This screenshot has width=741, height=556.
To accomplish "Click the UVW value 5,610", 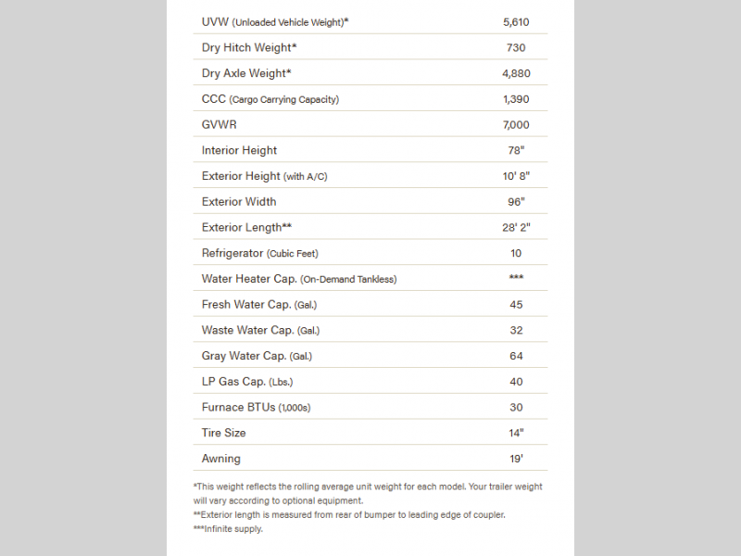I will pyautogui.click(x=516, y=21).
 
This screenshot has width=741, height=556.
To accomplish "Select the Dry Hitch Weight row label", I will pyautogui.click(x=249, y=47).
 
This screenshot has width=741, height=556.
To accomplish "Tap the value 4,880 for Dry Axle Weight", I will pyautogui.click(x=516, y=73).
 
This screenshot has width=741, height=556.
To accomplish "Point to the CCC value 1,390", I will pyautogui.click(x=516, y=99).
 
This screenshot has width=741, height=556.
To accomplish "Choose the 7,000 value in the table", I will pyautogui.click(x=516, y=124).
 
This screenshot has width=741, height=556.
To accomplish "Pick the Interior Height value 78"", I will pyautogui.click(x=516, y=150).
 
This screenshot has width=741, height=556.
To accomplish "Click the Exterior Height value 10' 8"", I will pyautogui.click(x=516, y=176).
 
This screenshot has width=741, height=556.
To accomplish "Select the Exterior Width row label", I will pyautogui.click(x=239, y=201).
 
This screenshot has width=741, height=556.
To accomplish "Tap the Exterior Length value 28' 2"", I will pyautogui.click(x=516, y=227).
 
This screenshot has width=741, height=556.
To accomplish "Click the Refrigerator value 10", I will pyautogui.click(x=516, y=253).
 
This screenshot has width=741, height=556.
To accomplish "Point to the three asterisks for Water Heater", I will pyautogui.click(x=516, y=278).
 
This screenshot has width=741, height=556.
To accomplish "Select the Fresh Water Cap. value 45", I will pyautogui.click(x=516, y=304).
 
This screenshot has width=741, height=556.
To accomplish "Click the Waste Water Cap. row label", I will pyautogui.click(x=260, y=330).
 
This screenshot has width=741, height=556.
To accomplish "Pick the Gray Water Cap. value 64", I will pyautogui.click(x=516, y=356).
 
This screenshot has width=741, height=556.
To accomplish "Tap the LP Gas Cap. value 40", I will pyautogui.click(x=516, y=381).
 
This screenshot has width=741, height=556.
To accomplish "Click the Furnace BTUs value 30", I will pyautogui.click(x=516, y=407).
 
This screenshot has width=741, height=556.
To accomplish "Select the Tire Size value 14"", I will pyautogui.click(x=516, y=433).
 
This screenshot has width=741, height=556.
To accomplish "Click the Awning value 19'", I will pyautogui.click(x=516, y=459).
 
